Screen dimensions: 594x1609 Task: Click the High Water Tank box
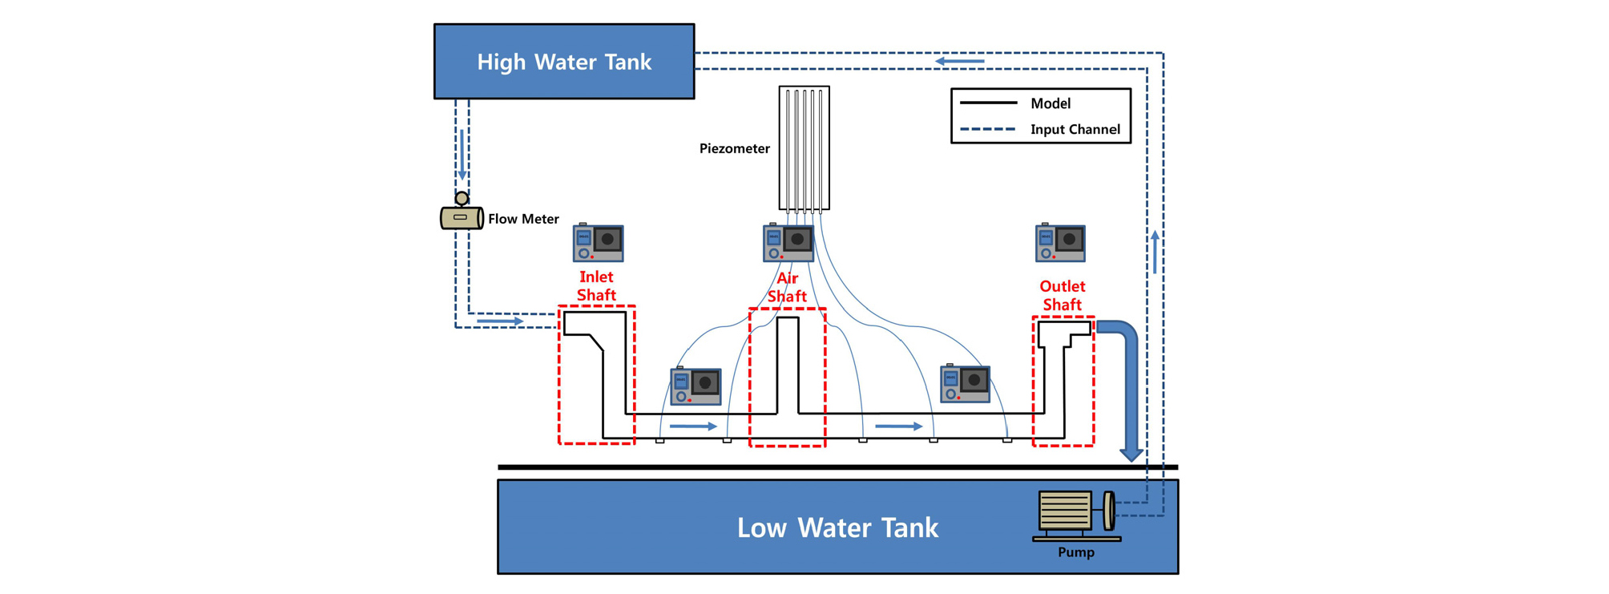[x=564, y=62]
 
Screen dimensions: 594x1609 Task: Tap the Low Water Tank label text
[x=837, y=527]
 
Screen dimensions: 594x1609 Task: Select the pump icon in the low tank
[x=1075, y=513]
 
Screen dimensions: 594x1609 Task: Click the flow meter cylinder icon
[x=462, y=217]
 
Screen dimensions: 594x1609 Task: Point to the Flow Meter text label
[x=523, y=219]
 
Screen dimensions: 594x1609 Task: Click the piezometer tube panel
[x=804, y=148]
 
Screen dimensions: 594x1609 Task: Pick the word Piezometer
[x=734, y=148]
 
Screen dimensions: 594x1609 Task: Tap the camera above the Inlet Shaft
[x=598, y=243]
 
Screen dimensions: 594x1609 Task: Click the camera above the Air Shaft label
[x=788, y=242]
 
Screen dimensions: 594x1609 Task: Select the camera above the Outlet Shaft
[x=1060, y=243]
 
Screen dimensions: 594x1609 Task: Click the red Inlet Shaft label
[x=596, y=286]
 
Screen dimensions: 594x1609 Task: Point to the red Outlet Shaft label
[x=1062, y=296]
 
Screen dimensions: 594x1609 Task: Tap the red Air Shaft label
[x=787, y=288]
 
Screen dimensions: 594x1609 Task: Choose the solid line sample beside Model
[x=988, y=103]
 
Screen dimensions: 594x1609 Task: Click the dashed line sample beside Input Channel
[x=988, y=129]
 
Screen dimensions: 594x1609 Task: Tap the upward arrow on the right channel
[x=1155, y=252]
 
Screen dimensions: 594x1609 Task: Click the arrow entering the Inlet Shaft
[x=500, y=321]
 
